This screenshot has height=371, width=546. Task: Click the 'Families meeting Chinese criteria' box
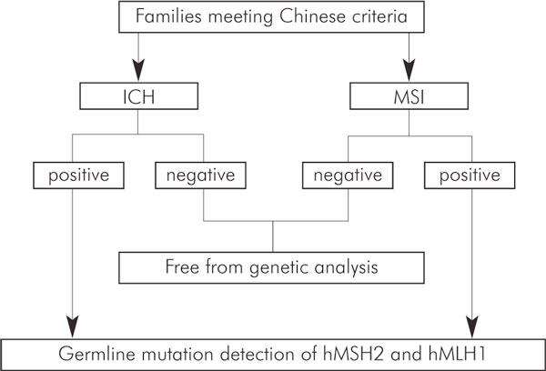pos(272,16)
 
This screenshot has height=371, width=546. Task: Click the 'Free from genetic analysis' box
pos(272,268)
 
